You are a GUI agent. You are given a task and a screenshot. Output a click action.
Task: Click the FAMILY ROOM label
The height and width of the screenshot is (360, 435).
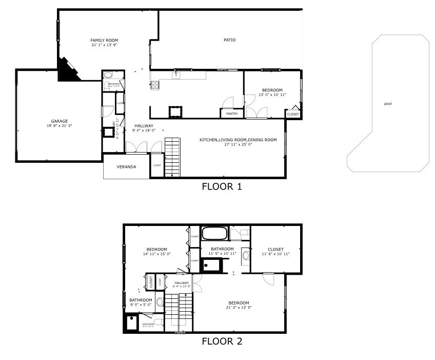click(104, 40)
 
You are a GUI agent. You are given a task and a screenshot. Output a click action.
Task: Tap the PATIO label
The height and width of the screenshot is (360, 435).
click(229, 40)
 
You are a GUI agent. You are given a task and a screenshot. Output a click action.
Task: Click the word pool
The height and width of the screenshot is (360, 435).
click(388, 104)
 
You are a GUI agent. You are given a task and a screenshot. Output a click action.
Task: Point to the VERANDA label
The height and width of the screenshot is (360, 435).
click(126, 167)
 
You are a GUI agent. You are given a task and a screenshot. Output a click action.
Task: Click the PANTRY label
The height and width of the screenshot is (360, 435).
click(231, 113)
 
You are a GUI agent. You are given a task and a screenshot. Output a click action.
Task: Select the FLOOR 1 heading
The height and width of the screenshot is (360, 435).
click(222, 186)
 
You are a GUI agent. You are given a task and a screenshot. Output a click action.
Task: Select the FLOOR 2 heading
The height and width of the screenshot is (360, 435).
click(222, 341)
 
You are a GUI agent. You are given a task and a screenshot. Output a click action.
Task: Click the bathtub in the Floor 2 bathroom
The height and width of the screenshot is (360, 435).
click(214, 234)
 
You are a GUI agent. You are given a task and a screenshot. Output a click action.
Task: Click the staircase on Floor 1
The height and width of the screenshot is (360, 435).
click(173, 157)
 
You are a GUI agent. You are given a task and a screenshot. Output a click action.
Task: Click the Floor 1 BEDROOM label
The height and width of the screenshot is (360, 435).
click(272, 90)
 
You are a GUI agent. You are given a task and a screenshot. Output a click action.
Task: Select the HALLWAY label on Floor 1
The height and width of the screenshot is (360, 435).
click(144, 126)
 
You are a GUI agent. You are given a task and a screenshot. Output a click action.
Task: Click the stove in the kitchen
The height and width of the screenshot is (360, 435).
click(155, 85)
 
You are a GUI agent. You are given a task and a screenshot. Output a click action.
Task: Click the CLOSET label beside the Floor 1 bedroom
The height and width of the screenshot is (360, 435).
click(293, 114)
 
